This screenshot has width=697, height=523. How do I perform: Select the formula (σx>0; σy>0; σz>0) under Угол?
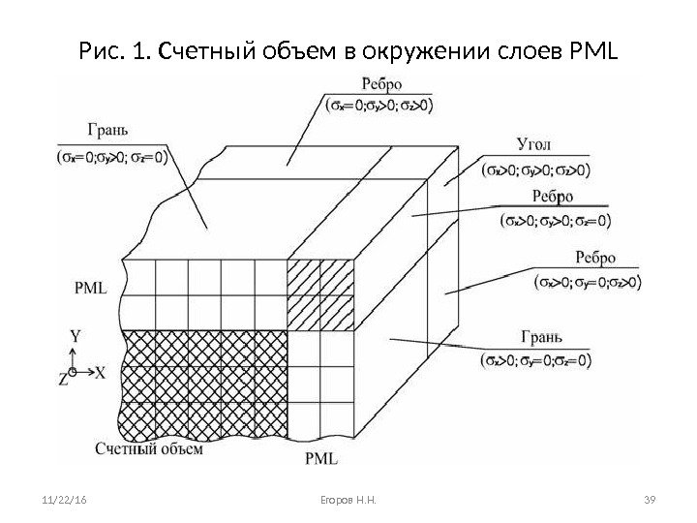click(535, 169)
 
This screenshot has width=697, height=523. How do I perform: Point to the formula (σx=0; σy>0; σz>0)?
click(379, 105)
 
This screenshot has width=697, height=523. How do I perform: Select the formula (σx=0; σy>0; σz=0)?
click(107, 155)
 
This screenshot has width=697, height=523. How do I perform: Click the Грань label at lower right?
click(541, 338)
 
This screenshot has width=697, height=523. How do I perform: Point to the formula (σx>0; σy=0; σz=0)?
click(535, 361)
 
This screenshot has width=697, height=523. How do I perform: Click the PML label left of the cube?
click(90, 288)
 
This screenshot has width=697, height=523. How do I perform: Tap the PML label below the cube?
click(320, 457)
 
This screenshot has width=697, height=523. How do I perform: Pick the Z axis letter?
click(64, 381)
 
